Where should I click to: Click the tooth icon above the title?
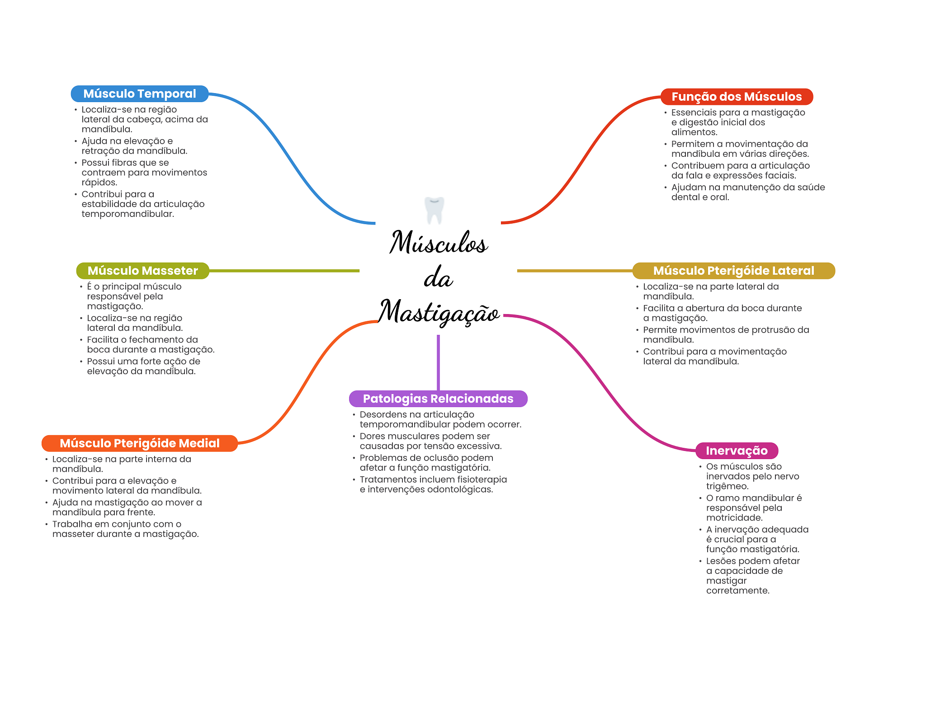(x=434, y=210)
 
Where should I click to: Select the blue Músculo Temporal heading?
(x=139, y=94)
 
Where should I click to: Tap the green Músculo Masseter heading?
(x=142, y=271)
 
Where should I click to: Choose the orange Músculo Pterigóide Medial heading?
(x=139, y=443)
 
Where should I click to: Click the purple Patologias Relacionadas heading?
(x=438, y=399)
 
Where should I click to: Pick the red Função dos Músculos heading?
(x=737, y=97)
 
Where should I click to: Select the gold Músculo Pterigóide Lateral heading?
(x=733, y=271)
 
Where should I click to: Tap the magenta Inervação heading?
(x=737, y=451)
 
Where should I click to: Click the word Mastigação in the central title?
(x=439, y=312)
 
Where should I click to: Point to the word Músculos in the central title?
(x=439, y=243)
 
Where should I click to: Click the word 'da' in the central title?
(x=438, y=278)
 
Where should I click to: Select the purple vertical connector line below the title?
(x=438, y=362)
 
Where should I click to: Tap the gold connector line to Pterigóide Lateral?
(x=574, y=271)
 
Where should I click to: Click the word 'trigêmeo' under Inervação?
(x=727, y=486)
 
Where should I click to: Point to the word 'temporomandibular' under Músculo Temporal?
(x=128, y=214)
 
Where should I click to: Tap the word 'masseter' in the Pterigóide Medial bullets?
(x=73, y=534)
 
